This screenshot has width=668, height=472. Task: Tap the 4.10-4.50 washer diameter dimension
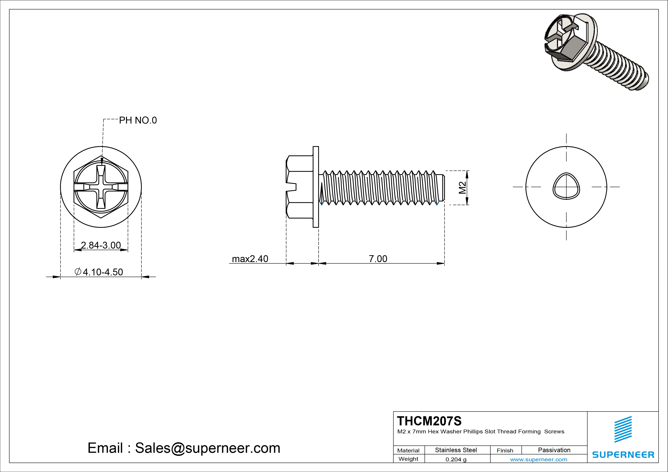click(x=99, y=272)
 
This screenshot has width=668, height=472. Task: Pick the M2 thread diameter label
click(x=462, y=188)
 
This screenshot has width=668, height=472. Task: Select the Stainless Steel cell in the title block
click(x=456, y=450)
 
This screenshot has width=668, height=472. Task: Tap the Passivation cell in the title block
click(x=554, y=450)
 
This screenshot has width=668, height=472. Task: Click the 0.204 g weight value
click(x=456, y=459)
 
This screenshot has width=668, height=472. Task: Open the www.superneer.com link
click(x=539, y=459)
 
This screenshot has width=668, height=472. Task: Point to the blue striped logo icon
click(x=623, y=429)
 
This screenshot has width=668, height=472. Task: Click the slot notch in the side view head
click(x=292, y=187)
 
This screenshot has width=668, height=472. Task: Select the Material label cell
click(x=408, y=450)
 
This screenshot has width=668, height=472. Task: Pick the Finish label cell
click(x=505, y=450)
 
